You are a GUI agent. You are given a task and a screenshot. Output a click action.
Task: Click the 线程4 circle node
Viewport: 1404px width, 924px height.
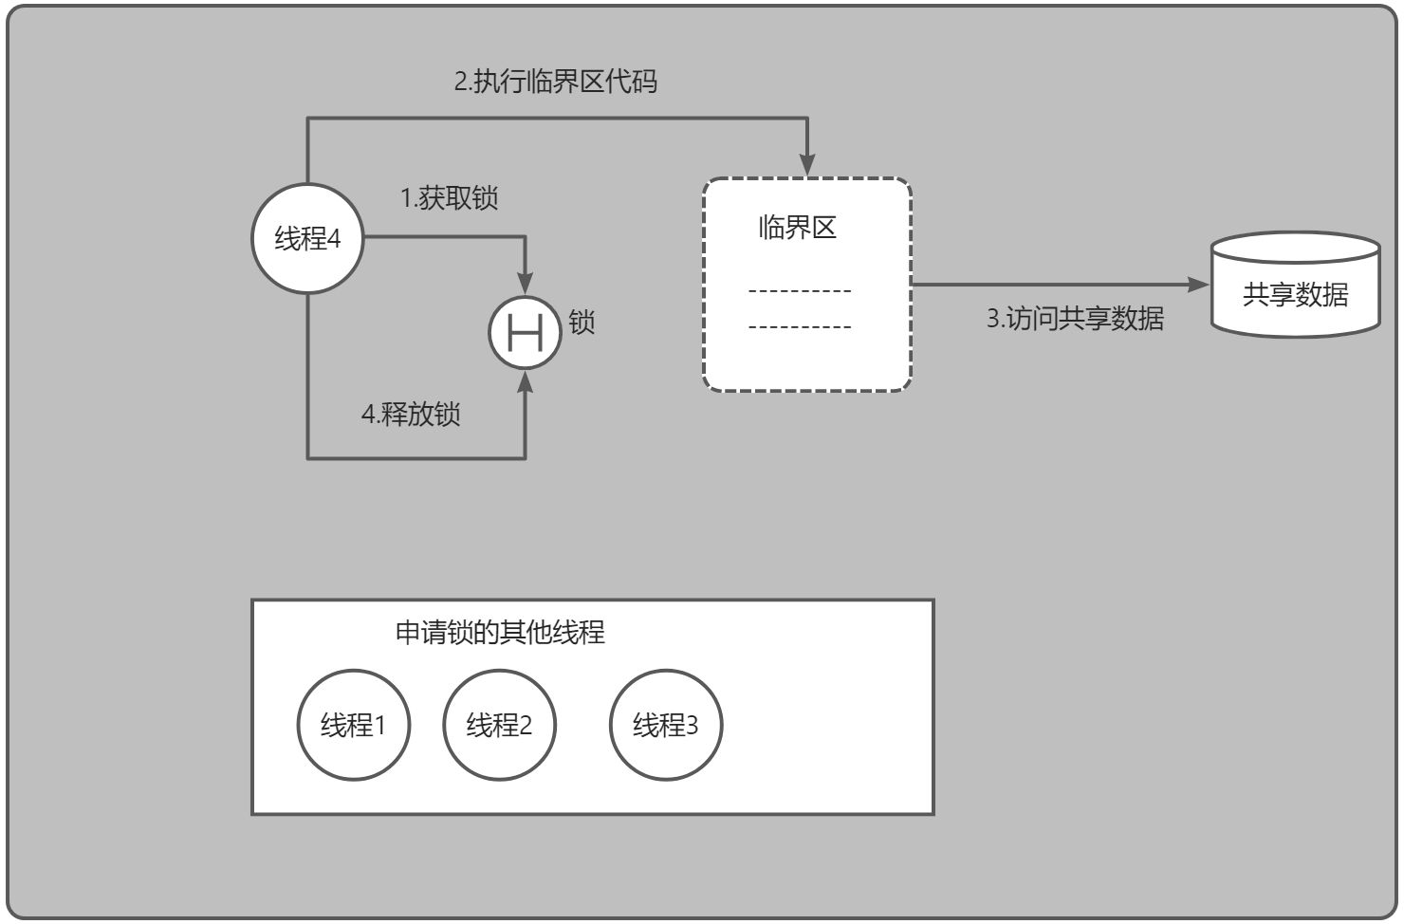pyautogui.click(x=307, y=238)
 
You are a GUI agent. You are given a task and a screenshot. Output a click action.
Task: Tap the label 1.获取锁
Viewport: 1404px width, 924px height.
pyautogui.click(x=449, y=198)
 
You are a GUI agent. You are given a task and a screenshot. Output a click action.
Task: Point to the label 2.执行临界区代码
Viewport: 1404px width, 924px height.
pyautogui.click(x=555, y=82)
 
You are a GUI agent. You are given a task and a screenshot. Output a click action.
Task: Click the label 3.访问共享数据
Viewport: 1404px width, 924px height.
pyautogui.click(x=1075, y=318)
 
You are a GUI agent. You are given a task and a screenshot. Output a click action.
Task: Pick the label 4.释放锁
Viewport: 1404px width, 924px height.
pyautogui.click(x=411, y=415)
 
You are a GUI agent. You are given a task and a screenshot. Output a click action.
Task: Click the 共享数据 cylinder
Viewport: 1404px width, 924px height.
pyautogui.click(x=1295, y=286)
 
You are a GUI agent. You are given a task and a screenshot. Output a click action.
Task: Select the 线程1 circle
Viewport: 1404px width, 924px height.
pyautogui.click(x=354, y=726)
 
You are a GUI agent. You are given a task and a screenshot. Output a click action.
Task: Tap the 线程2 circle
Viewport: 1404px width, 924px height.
pyautogui.click(x=500, y=726)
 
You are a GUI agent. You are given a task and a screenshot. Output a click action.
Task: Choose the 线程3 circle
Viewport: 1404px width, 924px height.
pyautogui.click(x=666, y=726)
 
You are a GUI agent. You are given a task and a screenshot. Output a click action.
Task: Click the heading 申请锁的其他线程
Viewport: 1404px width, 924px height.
pyautogui.click(x=500, y=633)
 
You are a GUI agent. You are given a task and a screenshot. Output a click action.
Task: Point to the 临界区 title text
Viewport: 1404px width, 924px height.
pyautogui.click(x=797, y=228)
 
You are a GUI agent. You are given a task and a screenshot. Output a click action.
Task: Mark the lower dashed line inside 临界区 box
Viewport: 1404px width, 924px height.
pyautogui.click(x=800, y=327)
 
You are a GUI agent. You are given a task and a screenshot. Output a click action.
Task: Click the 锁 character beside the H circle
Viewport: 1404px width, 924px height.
pyautogui.click(x=582, y=323)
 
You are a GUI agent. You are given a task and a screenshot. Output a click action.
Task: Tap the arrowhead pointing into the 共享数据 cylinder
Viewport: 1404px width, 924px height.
pyautogui.click(x=1199, y=284)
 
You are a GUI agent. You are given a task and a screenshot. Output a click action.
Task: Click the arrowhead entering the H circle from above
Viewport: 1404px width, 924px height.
pyautogui.click(x=525, y=284)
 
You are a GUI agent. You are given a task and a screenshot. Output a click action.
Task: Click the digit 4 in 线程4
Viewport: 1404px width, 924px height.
pyautogui.click(x=333, y=238)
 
